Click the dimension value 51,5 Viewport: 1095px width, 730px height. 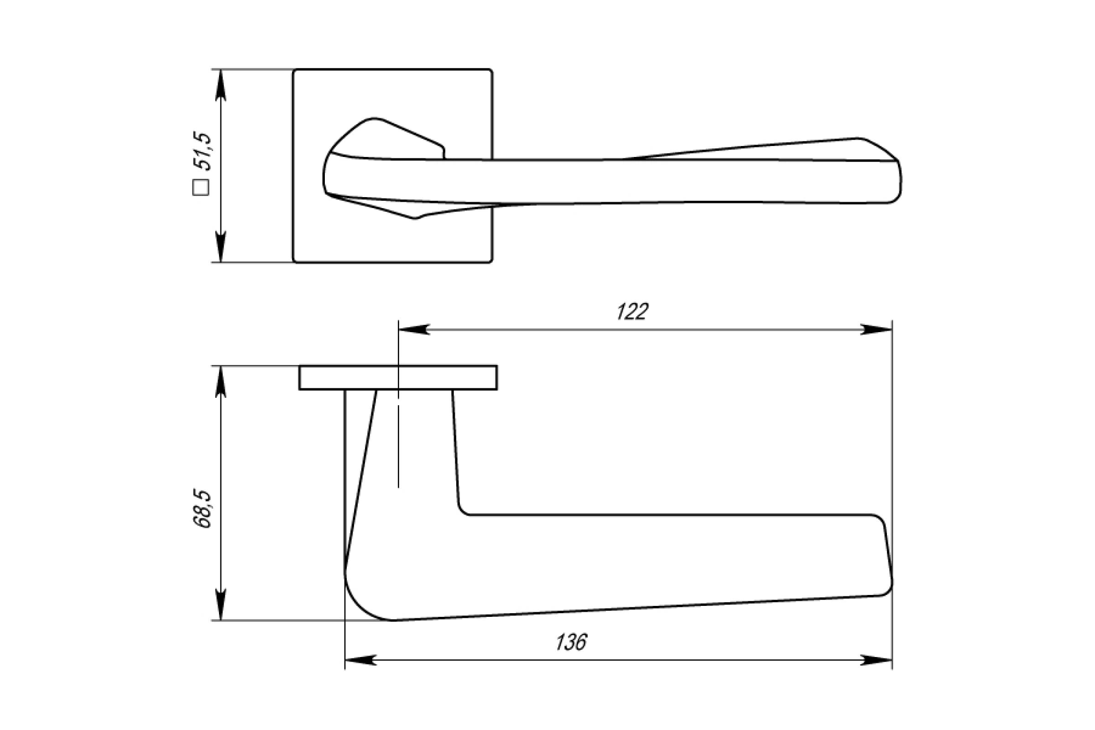coord(204,151)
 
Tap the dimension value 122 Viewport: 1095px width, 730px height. coord(632,312)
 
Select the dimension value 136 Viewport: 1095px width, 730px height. coord(571,642)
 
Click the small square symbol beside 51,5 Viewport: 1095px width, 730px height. coord(201,187)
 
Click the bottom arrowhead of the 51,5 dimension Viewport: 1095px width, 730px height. coord(221,247)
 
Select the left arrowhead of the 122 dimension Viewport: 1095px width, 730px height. coord(414,329)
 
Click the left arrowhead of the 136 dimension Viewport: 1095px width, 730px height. coord(360,660)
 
